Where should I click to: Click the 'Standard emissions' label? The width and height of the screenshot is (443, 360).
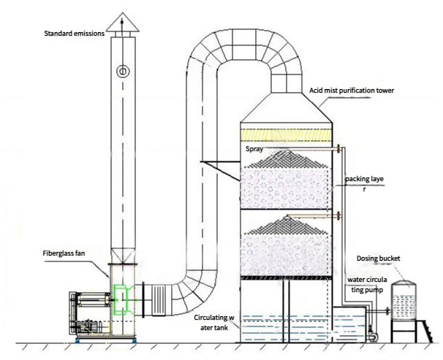pyautogui.click(x=75, y=34)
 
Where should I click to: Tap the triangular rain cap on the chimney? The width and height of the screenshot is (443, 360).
pyautogui.click(x=122, y=22)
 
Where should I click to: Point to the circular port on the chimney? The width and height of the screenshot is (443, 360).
pyautogui.click(x=123, y=71)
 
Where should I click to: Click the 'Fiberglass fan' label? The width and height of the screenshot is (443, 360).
pyautogui.click(x=64, y=253)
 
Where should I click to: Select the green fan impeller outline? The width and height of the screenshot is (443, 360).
pyautogui.click(x=122, y=299)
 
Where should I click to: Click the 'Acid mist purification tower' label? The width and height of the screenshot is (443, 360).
pyautogui.click(x=352, y=91)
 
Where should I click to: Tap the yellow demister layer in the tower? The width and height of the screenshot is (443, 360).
pyautogui.click(x=286, y=135)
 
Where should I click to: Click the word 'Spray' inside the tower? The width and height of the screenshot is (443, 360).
pyautogui.click(x=254, y=149)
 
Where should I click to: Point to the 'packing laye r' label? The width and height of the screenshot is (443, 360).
pyautogui.click(x=365, y=184)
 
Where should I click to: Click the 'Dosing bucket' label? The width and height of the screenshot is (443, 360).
pyautogui.click(x=378, y=258)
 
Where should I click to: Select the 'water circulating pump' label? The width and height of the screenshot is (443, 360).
pyautogui.click(x=367, y=285)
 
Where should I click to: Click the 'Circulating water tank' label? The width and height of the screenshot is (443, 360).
pyautogui.click(x=214, y=323)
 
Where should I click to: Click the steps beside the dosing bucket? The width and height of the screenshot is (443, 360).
pyautogui.click(x=425, y=332)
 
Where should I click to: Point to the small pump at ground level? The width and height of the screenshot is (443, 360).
pyautogui.click(x=372, y=337)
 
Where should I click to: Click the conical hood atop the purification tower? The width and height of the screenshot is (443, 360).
pyautogui.click(x=287, y=107)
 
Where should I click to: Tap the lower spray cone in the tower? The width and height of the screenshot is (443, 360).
pyautogui.click(x=287, y=226)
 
